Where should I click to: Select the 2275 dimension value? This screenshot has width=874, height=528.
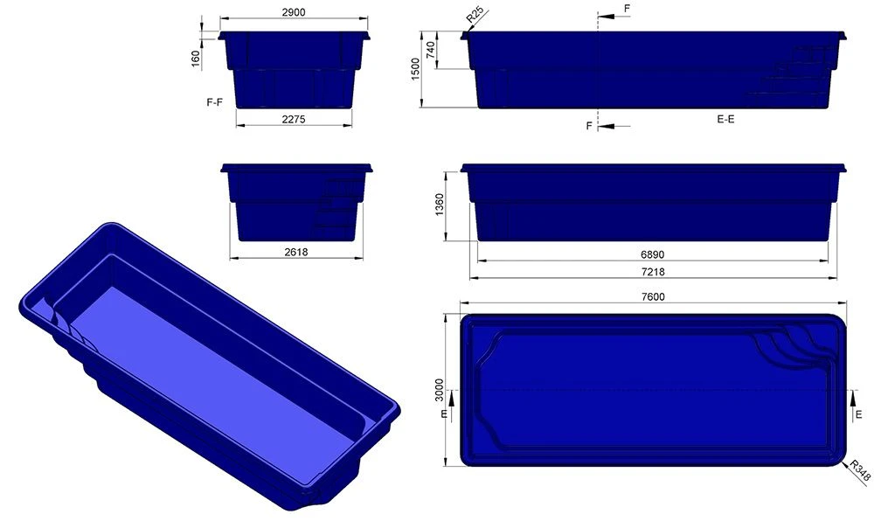(294, 120)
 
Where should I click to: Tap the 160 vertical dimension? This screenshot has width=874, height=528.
(196, 58)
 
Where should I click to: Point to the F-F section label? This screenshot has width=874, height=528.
(214, 102)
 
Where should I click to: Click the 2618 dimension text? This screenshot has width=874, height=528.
(295, 252)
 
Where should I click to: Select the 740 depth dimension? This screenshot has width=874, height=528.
(430, 51)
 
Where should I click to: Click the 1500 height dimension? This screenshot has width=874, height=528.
(416, 70)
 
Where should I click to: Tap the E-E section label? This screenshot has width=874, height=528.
(725, 119)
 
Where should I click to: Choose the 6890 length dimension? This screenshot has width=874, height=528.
(652, 254)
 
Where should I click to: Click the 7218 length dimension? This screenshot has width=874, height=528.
(652, 272)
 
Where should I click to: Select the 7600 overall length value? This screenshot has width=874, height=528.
(652, 296)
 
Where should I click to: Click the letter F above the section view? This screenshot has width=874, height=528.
(627, 9)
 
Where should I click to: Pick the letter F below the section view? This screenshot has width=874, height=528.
(589, 127)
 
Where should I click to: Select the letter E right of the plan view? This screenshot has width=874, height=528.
(859, 413)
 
